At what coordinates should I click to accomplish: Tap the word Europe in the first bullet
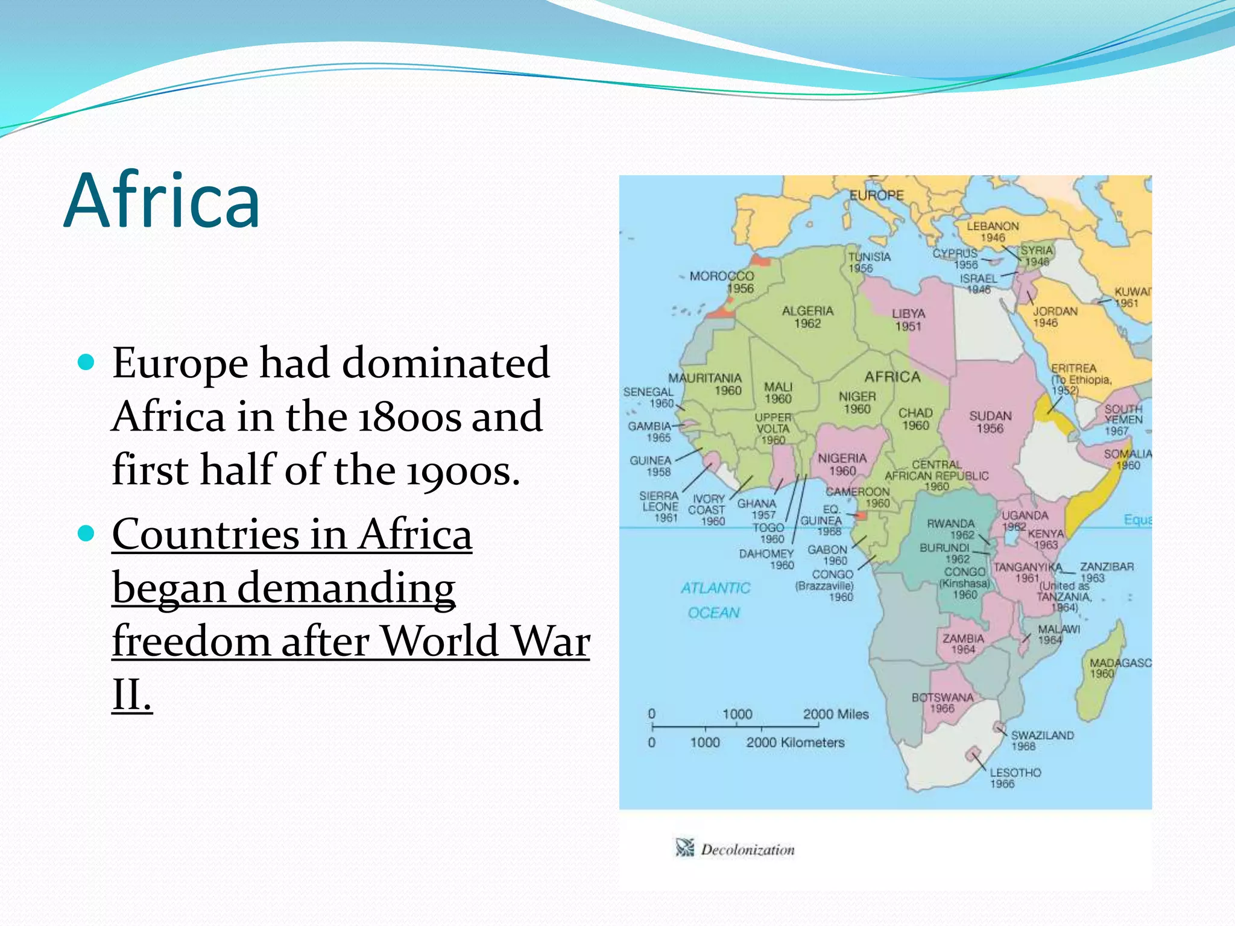click(179, 364)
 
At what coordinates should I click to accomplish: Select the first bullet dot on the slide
click(87, 362)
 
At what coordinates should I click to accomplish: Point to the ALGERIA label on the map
click(807, 311)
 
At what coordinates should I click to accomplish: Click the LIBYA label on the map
click(908, 313)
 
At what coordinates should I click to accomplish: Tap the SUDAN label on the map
click(990, 416)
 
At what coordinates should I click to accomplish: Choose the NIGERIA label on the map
click(842, 458)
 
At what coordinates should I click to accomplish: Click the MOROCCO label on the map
click(721, 276)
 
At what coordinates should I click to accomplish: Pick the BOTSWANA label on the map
click(942, 698)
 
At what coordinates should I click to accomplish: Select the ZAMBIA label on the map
click(963, 638)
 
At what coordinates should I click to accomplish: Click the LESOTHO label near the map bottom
click(1015, 772)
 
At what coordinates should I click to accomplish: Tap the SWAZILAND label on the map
click(1042, 735)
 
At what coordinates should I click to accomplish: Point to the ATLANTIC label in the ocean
click(715, 588)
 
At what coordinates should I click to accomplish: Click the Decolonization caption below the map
click(747, 850)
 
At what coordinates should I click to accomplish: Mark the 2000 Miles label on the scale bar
click(835, 714)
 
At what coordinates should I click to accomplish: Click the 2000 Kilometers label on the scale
click(795, 743)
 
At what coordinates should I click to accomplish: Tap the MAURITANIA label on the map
click(704, 378)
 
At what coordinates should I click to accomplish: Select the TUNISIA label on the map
click(869, 256)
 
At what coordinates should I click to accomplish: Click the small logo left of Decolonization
click(684, 848)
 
